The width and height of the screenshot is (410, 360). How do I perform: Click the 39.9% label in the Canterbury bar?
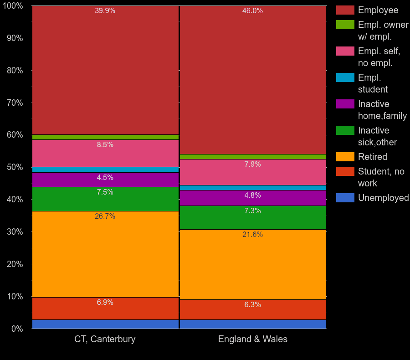105,11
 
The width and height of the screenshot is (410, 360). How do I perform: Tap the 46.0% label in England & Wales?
252,11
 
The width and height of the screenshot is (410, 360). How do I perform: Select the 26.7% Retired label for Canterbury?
105,216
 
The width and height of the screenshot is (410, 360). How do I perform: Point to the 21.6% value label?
252,235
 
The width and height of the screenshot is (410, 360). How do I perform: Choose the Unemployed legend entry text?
383,198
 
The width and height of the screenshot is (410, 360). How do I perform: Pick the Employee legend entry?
378,10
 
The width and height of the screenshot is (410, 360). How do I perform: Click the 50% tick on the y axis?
15,167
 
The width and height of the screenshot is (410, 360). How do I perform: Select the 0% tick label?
17,329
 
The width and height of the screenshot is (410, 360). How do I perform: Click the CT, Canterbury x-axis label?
105,339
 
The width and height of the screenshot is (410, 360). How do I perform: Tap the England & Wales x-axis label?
252,339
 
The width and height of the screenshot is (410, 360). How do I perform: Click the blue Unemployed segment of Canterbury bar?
105,324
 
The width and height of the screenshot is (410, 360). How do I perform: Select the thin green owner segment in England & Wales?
252,157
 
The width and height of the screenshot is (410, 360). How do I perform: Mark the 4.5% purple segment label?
105,178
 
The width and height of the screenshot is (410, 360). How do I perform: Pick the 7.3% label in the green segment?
252,211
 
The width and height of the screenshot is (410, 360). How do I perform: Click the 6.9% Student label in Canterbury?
105,303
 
